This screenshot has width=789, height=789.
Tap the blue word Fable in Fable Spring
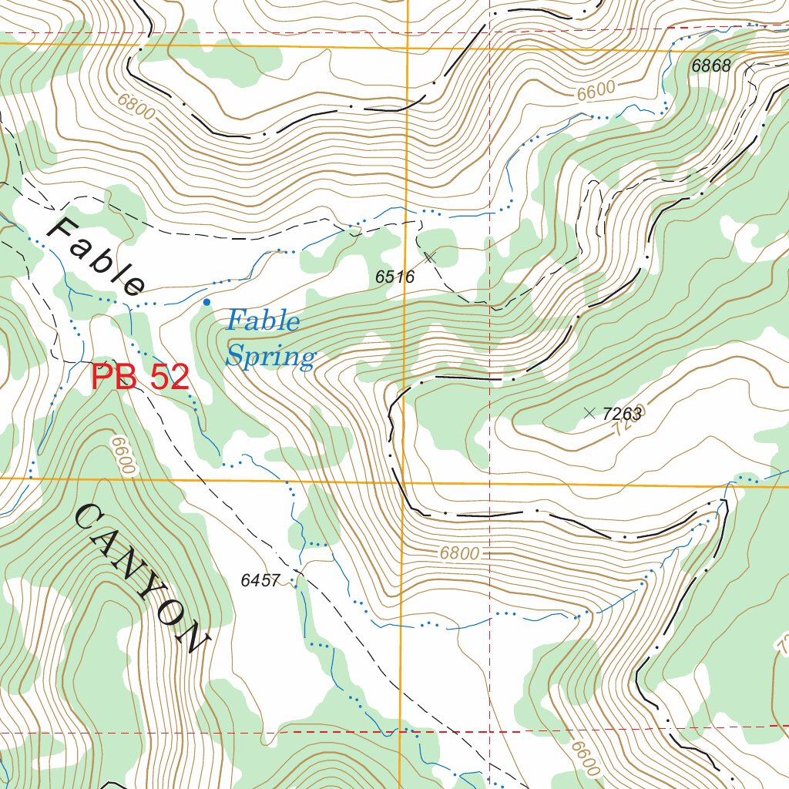pos(264,320)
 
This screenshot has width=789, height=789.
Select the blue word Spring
pos(271,357)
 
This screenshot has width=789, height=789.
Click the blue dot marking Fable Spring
pos(206,302)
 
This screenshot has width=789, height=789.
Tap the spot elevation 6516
pos(395,277)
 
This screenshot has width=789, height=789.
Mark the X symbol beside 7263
pos(589,413)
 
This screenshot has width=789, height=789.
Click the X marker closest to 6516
pos(430,256)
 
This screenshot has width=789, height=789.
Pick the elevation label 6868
pos(710,66)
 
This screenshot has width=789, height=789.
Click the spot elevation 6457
pos(260,581)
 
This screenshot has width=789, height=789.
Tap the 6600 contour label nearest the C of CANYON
pos(123,456)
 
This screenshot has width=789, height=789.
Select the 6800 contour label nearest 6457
pos(460,553)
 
